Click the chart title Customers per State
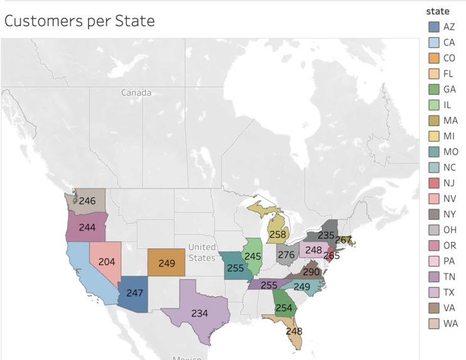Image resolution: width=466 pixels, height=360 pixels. click(79, 21)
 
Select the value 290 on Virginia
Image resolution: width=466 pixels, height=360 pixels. click(311, 272)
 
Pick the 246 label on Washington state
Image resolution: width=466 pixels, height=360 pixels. click(88, 200)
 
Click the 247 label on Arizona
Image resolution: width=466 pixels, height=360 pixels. click(135, 293)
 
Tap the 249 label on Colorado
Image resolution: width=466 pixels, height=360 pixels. click(166, 263)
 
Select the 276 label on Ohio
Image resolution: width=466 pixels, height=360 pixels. click(286, 255)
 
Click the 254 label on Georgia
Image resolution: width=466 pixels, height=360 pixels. click(284, 308)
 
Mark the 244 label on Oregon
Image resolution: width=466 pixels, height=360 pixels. click(87, 227)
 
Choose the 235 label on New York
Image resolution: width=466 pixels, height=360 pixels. click(326, 235)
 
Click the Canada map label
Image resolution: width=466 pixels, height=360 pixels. click(136, 92)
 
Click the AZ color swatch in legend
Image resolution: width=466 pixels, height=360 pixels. click(433, 27)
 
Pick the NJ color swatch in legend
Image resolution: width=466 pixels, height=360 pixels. click(433, 183)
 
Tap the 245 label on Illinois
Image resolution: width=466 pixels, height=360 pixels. click(252, 256)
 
